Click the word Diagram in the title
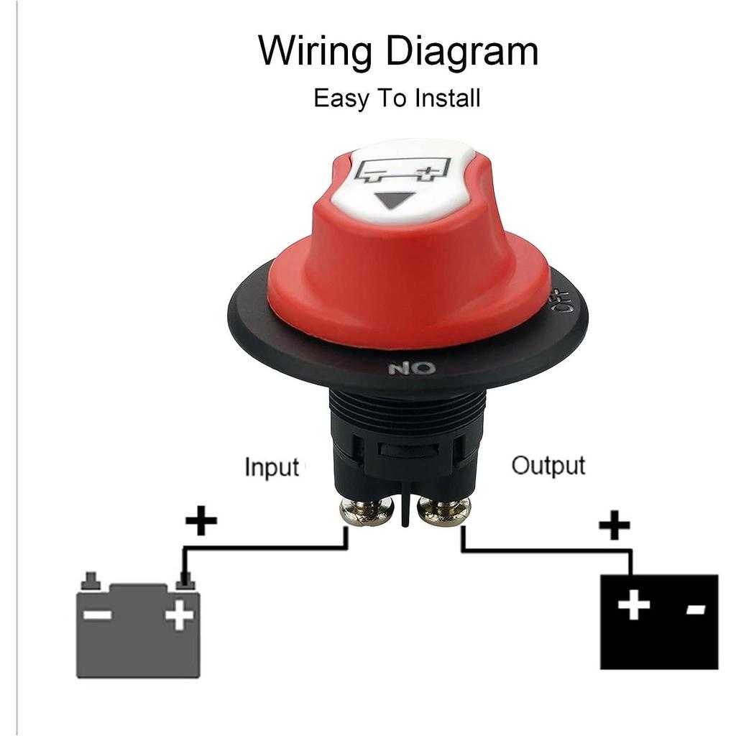[x=462, y=52]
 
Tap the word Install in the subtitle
[x=447, y=98]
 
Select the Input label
[x=272, y=467]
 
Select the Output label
[x=548, y=466]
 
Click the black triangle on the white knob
[x=393, y=201]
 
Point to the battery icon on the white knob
[x=403, y=170]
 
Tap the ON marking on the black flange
[x=412, y=368]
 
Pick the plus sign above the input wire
[x=201, y=520]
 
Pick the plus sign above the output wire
[x=615, y=525]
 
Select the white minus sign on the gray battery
[x=97, y=615]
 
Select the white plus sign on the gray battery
[x=179, y=615]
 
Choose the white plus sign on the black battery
[x=634, y=604]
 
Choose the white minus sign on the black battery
[x=696, y=609]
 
